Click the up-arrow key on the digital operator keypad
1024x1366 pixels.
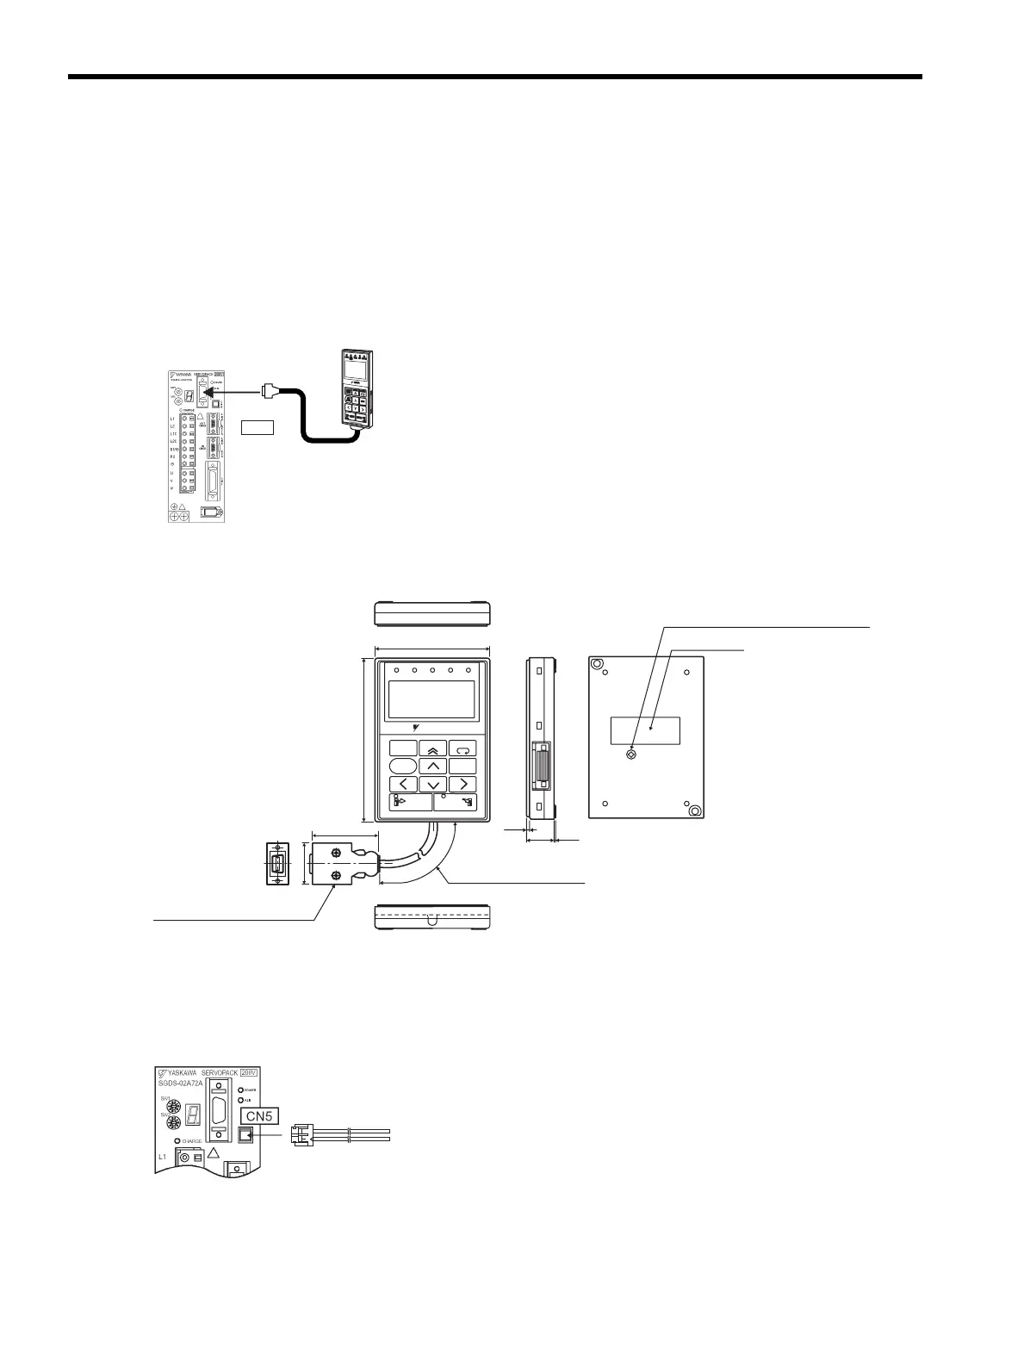(x=433, y=766)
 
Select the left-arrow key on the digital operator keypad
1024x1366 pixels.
(x=402, y=784)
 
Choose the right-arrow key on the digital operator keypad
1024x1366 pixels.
(x=462, y=784)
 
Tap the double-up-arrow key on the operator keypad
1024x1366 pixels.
(x=433, y=748)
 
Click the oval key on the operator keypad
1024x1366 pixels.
(x=402, y=766)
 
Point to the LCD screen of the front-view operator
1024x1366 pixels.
(x=432, y=699)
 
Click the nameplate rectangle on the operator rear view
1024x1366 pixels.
(x=645, y=730)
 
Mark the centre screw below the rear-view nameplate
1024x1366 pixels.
(x=631, y=755)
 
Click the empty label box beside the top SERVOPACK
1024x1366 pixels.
(x=257, y=426)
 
